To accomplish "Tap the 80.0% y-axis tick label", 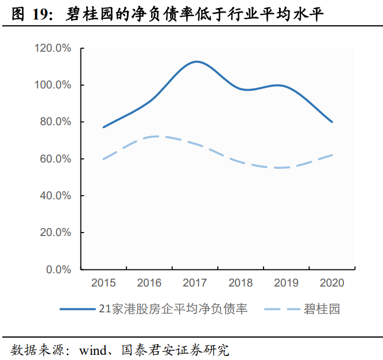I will coord(55,122).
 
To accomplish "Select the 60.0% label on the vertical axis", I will coord(55,158).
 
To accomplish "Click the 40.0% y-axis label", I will coord(55,196).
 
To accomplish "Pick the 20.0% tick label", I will coord(55,233).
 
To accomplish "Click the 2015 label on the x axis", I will coord(103,282).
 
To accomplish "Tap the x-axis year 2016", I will coord(149,282).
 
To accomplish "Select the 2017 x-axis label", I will coord(195,282).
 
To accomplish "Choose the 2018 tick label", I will coord(241,282).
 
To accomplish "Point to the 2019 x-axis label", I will coord(287,282).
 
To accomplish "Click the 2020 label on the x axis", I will coord(332,282).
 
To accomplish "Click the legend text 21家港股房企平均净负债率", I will coord(173,309).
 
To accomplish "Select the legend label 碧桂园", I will coord(323,309).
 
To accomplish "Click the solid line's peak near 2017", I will coord(196,61).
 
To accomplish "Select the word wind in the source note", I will coord(94,349).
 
